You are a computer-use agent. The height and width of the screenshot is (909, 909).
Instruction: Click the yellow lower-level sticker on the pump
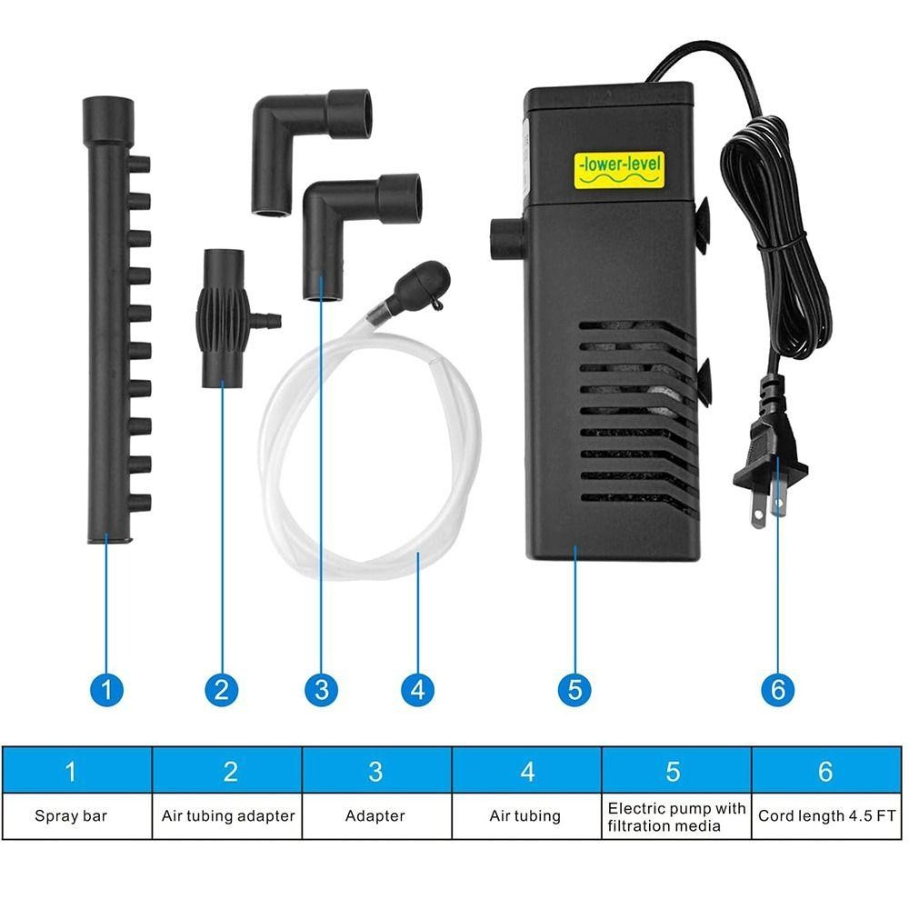click(x=618, y=170)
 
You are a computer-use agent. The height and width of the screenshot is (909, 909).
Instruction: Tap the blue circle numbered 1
click(x=106, y=689)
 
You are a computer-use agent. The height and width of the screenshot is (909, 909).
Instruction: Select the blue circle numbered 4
click(x=417, y=689)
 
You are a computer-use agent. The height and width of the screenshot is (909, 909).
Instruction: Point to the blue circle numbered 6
click(x=777, y=689)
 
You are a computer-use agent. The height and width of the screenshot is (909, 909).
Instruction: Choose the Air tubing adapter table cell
click(x=227, y=815)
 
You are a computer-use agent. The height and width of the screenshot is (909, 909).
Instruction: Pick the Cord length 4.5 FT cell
click(x=826, y=815)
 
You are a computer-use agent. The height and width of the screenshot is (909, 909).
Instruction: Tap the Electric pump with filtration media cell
click(x=676, y=815)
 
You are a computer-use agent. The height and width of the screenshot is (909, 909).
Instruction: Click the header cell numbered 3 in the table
click(x=377, y=771)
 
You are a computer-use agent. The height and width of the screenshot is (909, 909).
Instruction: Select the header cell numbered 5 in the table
click(x=676, y=771)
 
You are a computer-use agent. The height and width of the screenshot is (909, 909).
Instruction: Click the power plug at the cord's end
click(x=769, y=452)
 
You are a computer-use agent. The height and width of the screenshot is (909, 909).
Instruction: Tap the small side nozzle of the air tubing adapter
click(x=266, y=319)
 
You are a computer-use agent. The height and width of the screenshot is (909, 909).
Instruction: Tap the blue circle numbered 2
click(x=222, y=689)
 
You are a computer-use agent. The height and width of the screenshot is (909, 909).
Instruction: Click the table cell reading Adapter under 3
click(x=377, y=815)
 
